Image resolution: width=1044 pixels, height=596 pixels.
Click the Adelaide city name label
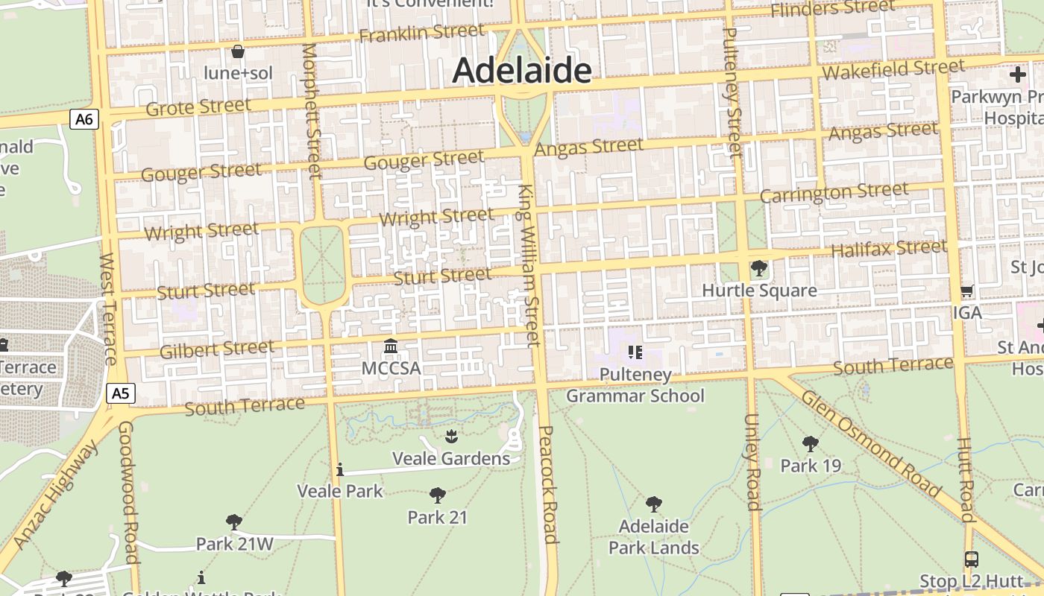(521, 72)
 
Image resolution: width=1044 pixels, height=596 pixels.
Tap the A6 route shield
(84, 119)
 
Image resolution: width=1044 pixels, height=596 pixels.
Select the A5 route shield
(120, 393)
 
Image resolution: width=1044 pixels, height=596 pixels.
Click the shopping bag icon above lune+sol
(238, 51)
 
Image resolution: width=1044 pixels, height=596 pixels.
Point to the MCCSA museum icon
(391, 346)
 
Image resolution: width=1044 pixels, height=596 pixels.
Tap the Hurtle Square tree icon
(759, 268)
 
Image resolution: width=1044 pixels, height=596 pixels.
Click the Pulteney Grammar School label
(635, 385)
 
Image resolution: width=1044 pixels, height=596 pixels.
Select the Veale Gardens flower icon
(450, 436)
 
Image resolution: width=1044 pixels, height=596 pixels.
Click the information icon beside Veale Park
(340, 469)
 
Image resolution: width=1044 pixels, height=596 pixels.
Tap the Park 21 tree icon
(438, 495)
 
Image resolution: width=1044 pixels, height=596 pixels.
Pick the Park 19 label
(811, 466)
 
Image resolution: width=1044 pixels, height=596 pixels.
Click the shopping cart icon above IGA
(966, 291)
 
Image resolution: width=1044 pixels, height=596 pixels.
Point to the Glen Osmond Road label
(870, 443)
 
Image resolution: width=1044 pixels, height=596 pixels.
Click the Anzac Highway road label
(56, 495)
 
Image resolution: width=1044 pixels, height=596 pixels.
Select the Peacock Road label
(548, 484)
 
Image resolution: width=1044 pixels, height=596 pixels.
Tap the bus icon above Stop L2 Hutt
(971, 559)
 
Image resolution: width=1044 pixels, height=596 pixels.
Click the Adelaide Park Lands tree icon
(654, 504)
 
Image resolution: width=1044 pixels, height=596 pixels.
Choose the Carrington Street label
(834, 192)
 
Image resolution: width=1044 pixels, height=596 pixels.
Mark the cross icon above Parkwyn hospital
(1018, 74)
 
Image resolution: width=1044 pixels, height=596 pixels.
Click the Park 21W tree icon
(234, 521)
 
